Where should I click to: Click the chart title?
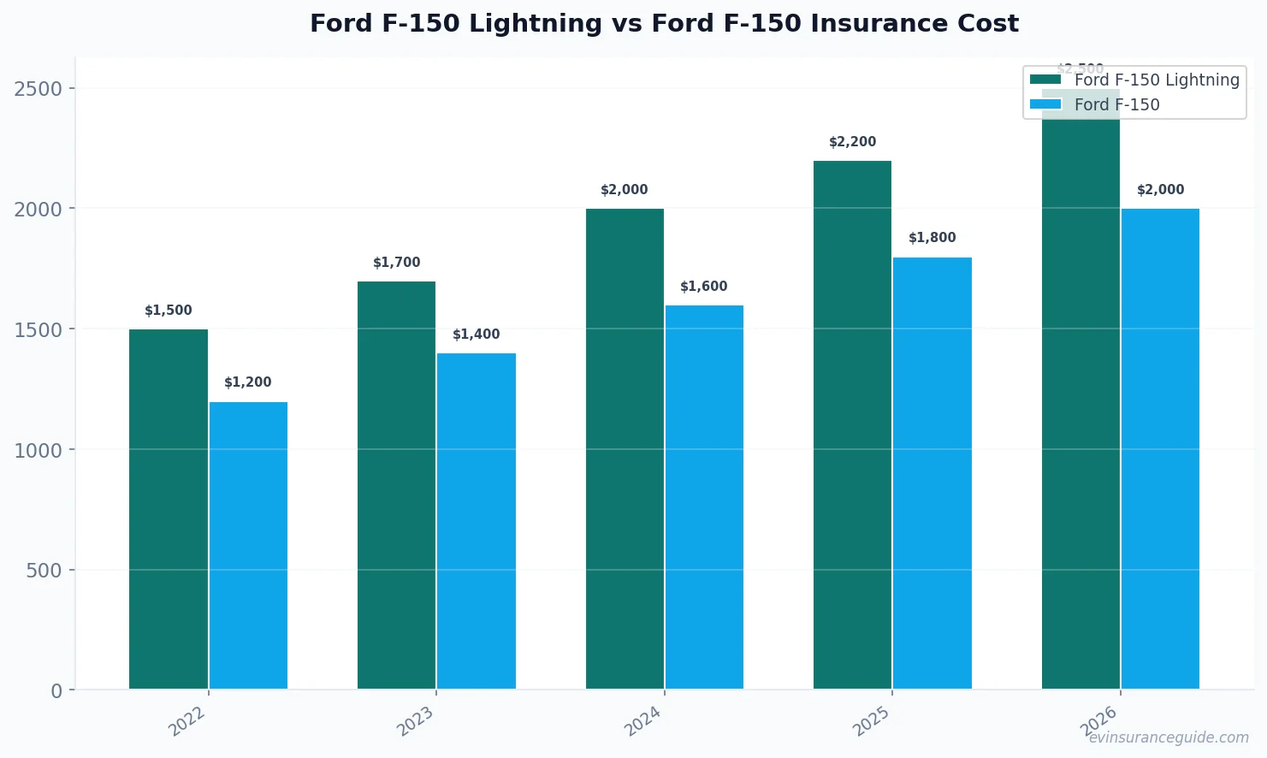[x=664, y=23]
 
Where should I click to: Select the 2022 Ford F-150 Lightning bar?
[x=169, y=509]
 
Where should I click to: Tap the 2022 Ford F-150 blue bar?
[x=248, y=545]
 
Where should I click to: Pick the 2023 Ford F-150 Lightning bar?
[x=396, y=485]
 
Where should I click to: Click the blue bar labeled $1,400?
[x=477, y=521]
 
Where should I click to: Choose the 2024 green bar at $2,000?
[x=625, y=449]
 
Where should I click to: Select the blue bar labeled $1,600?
[x=704, y=497]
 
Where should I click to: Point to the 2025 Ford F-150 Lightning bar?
[x=852, y=425]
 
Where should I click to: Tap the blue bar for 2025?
[x=932, y=473]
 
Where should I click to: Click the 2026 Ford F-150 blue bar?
[x=1160, y=449]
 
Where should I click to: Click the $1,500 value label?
[x=169, y=311]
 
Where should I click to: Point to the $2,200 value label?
[x=852, y=142]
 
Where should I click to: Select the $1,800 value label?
[x=932, y=238]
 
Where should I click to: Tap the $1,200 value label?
[x=248, y=382]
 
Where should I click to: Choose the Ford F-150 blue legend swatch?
[x=1045, y=104]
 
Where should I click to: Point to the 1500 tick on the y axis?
[x=38, y=329]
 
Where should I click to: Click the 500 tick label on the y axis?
[x=44, y=571]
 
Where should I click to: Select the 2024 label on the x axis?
[x=643, y=720]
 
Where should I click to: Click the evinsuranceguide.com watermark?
[x=1169, y=737]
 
